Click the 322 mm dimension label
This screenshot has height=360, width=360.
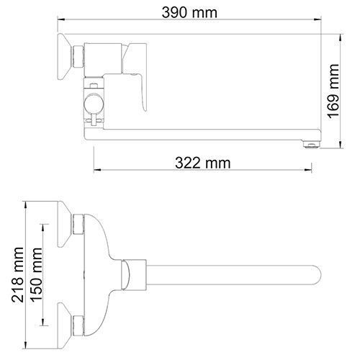pos(203,163)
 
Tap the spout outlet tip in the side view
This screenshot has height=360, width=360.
pos(310,143)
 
